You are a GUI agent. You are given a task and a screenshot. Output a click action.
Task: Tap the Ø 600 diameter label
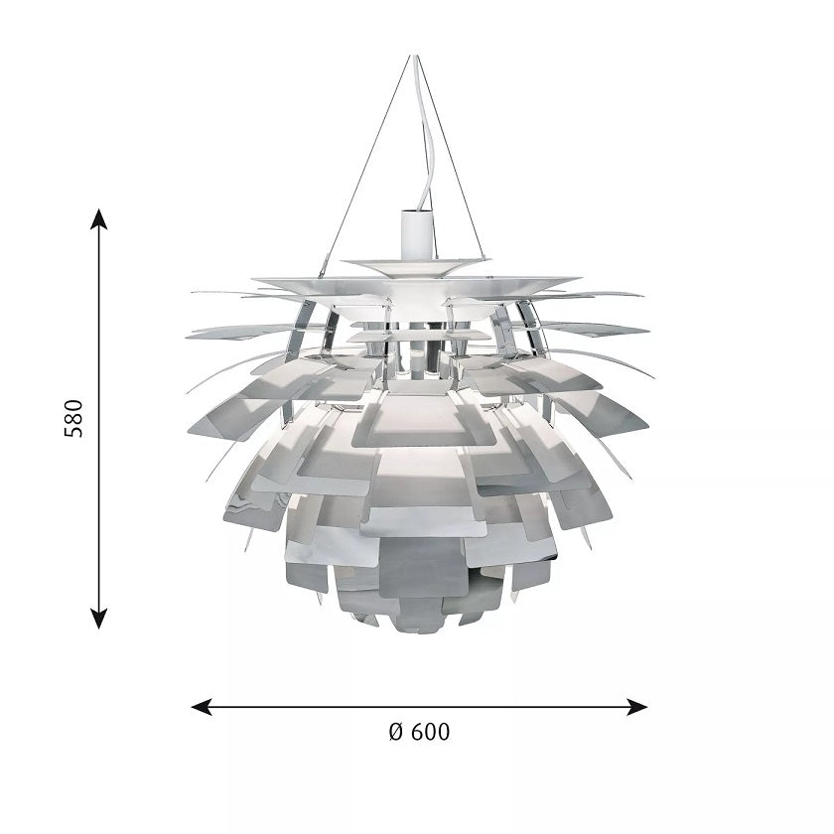click(x=418, y=733)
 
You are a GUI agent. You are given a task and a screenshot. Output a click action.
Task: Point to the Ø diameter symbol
click(x=394, y=733)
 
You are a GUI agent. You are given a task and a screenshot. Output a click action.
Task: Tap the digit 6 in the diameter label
click(x=418, y=733)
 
